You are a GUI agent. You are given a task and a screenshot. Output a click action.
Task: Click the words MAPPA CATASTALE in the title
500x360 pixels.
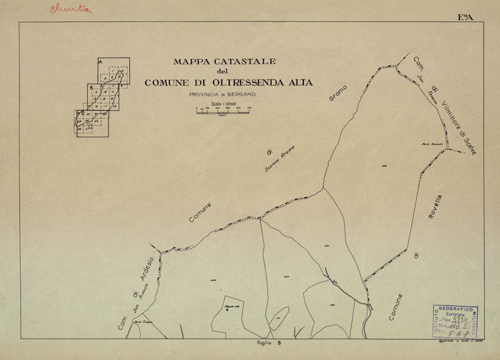(x=220, y=62)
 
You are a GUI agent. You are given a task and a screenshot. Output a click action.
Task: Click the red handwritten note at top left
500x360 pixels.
(x=70, y=9)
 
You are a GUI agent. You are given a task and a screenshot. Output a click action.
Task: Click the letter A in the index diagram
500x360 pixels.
(x=100, y=62)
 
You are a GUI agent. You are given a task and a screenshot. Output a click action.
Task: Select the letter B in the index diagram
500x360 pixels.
(x=91, y=88)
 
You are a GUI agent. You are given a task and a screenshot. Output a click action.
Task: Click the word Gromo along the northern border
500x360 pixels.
(x=336, y=96)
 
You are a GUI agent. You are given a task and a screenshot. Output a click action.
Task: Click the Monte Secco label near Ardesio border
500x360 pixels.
(x=141, y=323)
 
